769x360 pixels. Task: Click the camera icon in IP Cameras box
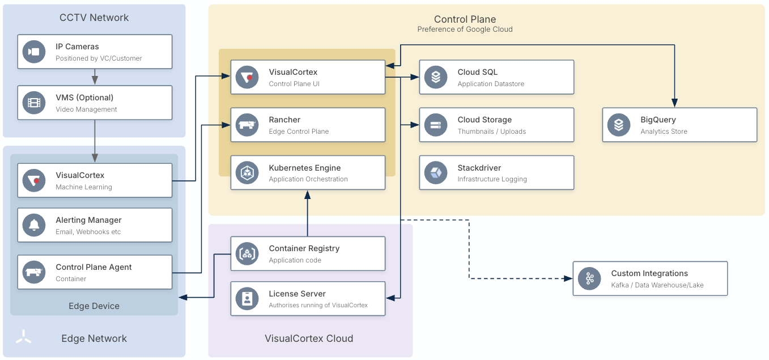coord(34,52)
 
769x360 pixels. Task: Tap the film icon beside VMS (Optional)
coord(34,103)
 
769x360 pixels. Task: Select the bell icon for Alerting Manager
coord(34,225)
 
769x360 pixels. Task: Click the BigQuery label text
coord(658,120)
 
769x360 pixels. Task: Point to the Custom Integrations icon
coord(589,278)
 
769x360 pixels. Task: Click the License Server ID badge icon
coord(247,299)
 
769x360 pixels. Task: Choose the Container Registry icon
coord(247,253)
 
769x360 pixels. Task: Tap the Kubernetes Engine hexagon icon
coord(247,172)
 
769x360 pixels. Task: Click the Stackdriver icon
coord(436,172)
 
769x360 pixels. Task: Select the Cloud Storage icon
coord(436,125)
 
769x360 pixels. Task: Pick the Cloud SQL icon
coord(436,77)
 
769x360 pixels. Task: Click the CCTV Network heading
coord(94,18)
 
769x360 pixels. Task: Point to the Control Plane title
coord(465,19)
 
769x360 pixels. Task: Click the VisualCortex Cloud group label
coord(309,338)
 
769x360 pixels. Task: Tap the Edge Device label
coord(94,306)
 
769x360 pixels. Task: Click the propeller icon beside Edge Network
coord(23,337)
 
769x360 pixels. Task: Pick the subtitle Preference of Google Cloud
coord(465,29)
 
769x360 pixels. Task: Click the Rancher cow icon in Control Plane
coord(247,125)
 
